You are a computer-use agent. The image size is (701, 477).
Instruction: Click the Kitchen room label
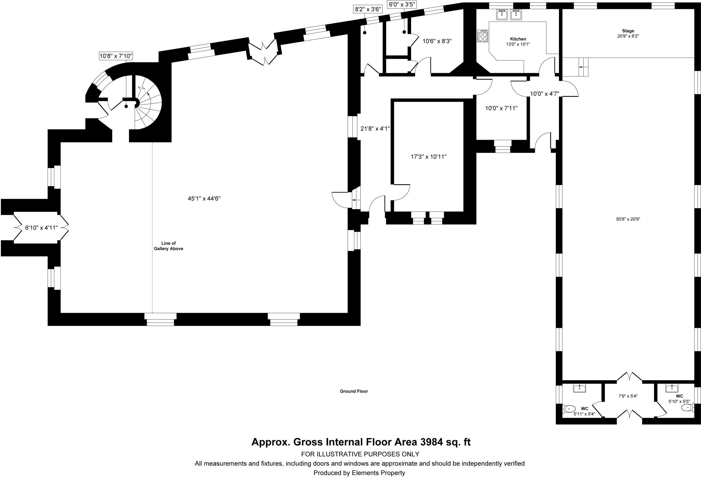coord(518,39)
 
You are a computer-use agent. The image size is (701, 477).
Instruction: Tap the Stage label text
coord(628,31)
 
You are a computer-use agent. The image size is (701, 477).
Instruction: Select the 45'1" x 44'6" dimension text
coord(204,198)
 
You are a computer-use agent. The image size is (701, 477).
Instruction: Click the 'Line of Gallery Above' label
coord(168,246)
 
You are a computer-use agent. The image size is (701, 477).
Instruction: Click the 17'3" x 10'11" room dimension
coord(429,157)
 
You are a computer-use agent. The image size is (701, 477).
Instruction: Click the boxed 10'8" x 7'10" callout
coord(116,56)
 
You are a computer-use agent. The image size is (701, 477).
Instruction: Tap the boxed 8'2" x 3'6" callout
coord(368,9)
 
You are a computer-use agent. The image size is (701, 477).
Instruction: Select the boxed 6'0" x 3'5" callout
coord(402,4)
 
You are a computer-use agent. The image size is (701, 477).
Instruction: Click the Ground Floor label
coord(354,391)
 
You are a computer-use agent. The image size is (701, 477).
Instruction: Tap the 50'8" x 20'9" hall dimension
coord(628,219)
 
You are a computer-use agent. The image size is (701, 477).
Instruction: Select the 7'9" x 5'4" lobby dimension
coord(628,396)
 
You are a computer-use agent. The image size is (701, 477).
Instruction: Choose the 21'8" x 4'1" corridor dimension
coord(375,129)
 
